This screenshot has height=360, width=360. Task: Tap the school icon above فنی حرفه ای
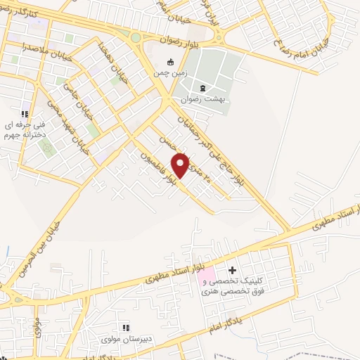coord(24,114)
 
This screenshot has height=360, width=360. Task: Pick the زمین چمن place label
coord(169,72)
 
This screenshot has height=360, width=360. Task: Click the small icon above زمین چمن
coord(169,61)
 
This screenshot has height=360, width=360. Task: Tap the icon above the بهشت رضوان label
coord(203,88)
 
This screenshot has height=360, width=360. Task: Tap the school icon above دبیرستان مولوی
coord(126,328)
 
